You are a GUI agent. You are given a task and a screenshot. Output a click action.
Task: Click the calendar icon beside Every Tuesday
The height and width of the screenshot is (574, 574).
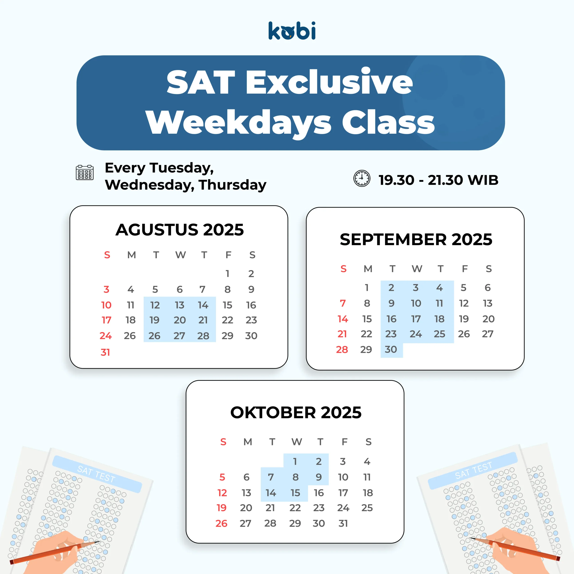[85, 173]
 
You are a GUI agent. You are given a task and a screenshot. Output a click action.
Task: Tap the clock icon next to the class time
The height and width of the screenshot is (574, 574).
[362, 178]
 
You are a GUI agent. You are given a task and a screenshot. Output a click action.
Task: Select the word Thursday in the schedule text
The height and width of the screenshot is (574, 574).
[233, 185]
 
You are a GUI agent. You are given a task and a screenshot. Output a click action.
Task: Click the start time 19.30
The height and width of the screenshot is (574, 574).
[396, 180]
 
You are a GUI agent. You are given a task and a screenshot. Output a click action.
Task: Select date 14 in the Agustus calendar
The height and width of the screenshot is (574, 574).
[203, 305]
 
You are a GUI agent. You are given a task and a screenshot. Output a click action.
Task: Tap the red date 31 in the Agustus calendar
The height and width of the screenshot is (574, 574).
[105, 352]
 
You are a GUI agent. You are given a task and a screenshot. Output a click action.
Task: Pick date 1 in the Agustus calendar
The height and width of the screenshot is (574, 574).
[227, 273]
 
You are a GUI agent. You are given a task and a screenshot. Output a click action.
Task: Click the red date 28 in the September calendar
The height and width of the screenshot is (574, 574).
[342, 349]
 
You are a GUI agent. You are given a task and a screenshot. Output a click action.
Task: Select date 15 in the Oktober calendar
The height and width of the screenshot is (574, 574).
[295, 493]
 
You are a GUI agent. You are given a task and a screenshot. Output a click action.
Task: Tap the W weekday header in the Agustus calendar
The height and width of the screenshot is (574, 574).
[180, 255]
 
